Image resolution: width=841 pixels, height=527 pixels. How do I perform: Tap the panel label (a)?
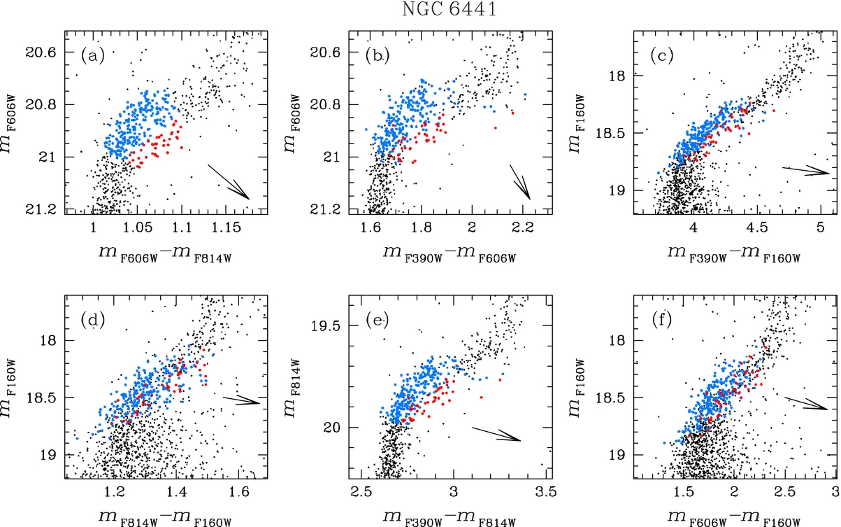click(92, 55)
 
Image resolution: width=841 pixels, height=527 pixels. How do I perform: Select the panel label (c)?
click(659, 55)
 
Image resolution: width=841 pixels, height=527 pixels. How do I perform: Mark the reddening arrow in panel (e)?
click(496, 434)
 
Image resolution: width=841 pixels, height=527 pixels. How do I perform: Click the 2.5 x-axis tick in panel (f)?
click(786, 493)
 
